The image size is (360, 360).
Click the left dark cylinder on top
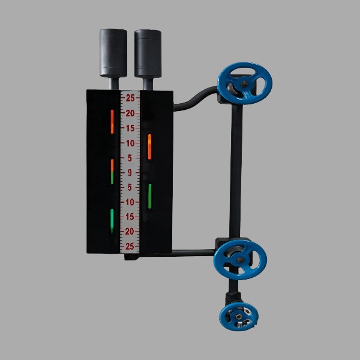[113, 53]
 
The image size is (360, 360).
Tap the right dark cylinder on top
[148, 53]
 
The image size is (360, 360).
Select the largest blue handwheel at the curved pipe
[245, 83]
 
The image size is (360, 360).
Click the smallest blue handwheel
[239, 317]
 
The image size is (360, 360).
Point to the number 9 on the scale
[130, 173]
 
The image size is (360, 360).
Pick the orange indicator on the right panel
[149, 146]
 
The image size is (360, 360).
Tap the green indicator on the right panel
[149, 196]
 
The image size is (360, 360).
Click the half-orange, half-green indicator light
[112, 172]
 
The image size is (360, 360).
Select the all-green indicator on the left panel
[112, 221]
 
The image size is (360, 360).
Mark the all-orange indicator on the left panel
[112, 121]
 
